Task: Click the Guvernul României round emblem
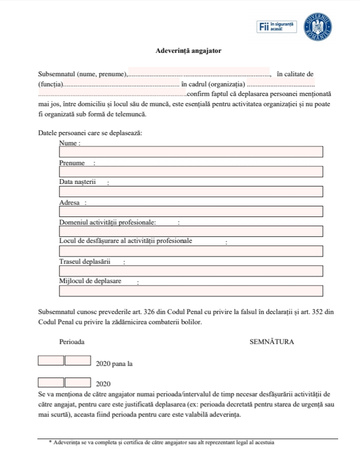pyautogui.click(x=318, y=25)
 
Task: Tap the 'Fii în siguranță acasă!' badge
pyautogui.click(x=277, y=26)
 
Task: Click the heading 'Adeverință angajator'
pyautogui.click(x=188, y=51)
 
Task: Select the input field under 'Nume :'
pyautogui.click(x=191, y=152)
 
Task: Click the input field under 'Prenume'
pyautogui.click(x=191, y=172)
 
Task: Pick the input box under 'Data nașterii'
pyautogui.click(x=191, y=192)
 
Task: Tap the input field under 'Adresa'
pyautogui.click(x=191, y=211)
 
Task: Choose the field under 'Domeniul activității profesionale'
pyautogui.click(x=191, y=231)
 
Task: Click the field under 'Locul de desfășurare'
pyautogui.click(x=191, y=251)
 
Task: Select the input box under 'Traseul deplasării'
pyautogui.click(x=191, y=271)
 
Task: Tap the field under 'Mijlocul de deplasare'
pyautogui.click(x=191, y=291)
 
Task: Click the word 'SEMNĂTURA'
pyautogui.click(x=272, y=342)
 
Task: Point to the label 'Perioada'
pyautogui.click(x=72, y=342)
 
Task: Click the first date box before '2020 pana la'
pyautogui.click(x=51, y=361)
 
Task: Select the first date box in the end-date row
pyautogui.click(x=51, y=382)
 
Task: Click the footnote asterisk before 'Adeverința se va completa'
pyautogui.click(x=50, y=443)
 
